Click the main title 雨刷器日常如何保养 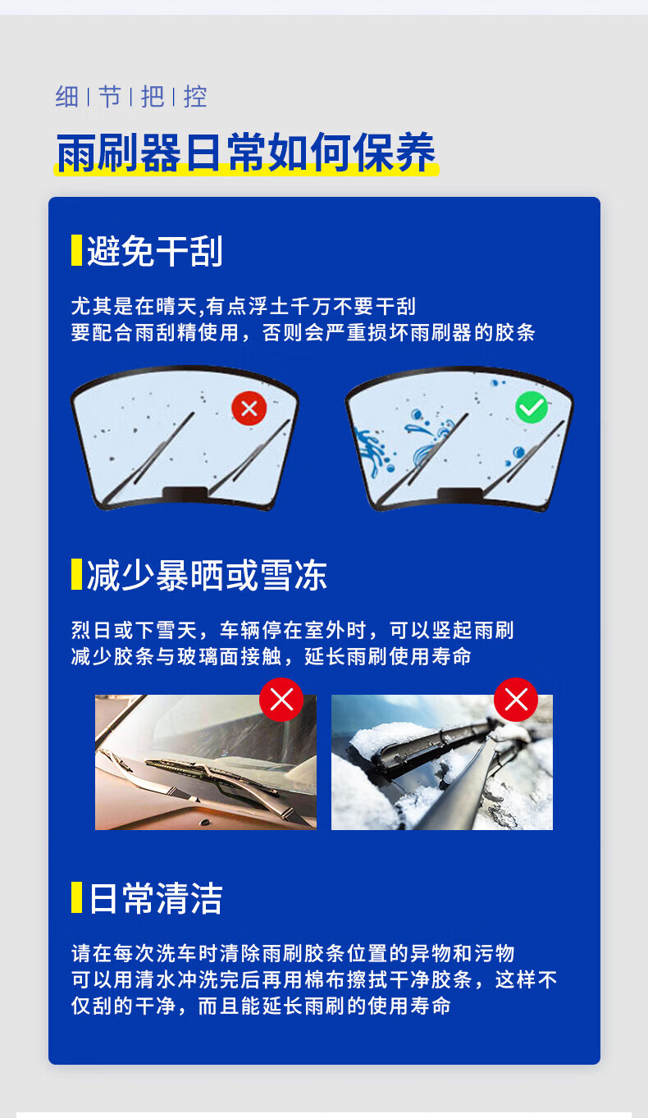pos(246,153)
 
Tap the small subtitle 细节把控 pos(131,96)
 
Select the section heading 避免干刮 pos(155,250)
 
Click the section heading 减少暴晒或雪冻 pos(207,575)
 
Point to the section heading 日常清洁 pos(155,898)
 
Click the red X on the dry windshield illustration pos(249,408)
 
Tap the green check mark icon pos(532,408)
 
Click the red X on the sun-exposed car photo pos(281,699)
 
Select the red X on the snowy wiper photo pos(516,699)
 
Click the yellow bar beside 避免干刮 pos(76,250)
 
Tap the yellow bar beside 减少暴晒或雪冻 pos(76,574)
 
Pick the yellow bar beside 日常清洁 pos(76,897)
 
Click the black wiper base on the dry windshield pos(185,493)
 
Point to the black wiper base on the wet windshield pos(460,494)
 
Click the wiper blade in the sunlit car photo pos(210,773)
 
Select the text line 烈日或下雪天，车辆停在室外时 pos(218,631)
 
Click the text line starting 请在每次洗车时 pos(293,953)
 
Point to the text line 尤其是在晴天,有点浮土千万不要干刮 pos(243,307)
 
